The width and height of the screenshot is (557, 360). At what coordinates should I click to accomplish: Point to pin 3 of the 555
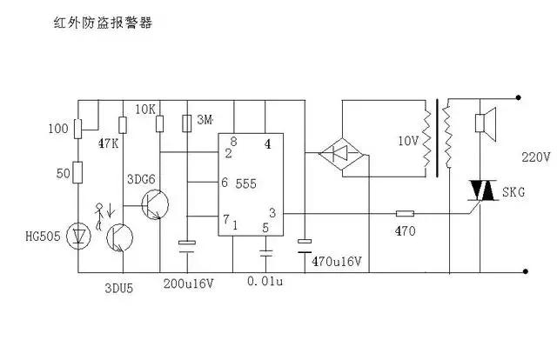pyautogui.click(x=272, y=212)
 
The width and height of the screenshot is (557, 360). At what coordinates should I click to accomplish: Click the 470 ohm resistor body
pyautogui.click(x=406, y=212)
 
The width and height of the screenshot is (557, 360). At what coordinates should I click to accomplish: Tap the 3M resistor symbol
pyautogui.click(x=186, y=123)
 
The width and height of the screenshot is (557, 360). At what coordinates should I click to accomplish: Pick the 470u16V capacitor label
pyautogui.click(x=337, y=260)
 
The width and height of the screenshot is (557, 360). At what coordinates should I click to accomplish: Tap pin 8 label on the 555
pyautogui.click(x=232, y=141)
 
